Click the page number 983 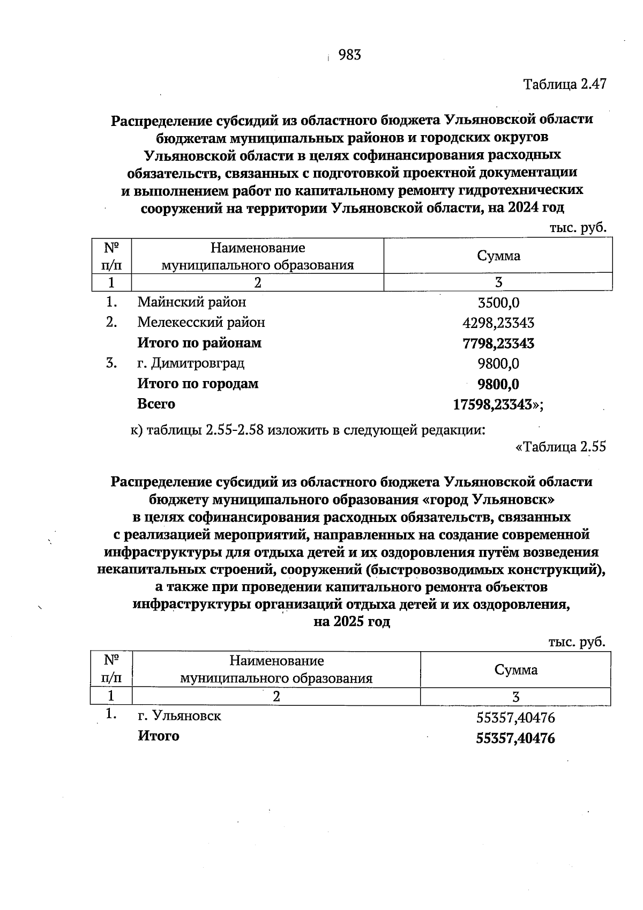coord(350,55)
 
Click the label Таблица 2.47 coord(564,85)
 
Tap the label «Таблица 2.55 coord(560,446)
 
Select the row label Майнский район coord(192,302)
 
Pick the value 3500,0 coord(498,303)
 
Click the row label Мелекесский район coord(201,322)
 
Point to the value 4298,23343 coord(498,323)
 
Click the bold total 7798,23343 coord(498,344)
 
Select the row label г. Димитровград coord(191,363)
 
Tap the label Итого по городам coord(198,384)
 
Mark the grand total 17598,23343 coord(493,405)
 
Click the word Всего coord(156,404)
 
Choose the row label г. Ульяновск coord(180,715)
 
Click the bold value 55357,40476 coord(515,739)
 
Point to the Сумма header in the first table coord(498,256)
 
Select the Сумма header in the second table coord(515,669)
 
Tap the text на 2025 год coord(352,622)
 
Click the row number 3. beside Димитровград coord(111,363)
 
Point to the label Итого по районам coord(199,343)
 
